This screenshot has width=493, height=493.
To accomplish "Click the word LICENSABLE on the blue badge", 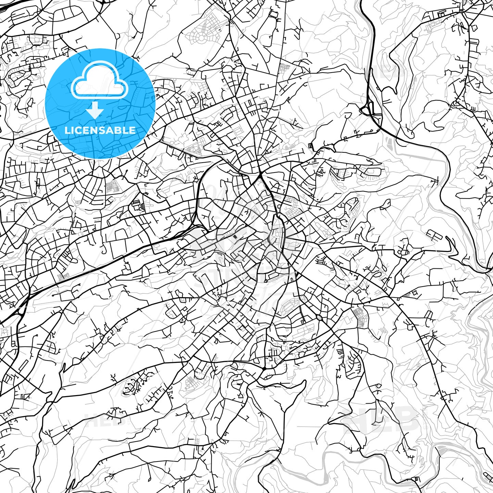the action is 100,130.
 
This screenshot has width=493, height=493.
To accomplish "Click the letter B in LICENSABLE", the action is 119,130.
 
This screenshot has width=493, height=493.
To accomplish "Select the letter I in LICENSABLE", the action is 73,130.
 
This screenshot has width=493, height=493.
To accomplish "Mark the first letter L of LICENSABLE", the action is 67,130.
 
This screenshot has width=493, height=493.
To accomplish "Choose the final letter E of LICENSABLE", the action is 133,130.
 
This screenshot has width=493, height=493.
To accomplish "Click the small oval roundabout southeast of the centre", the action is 319,318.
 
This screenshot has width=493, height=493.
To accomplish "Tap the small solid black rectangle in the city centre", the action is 235,237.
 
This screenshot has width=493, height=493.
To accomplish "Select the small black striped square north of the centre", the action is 310,146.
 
